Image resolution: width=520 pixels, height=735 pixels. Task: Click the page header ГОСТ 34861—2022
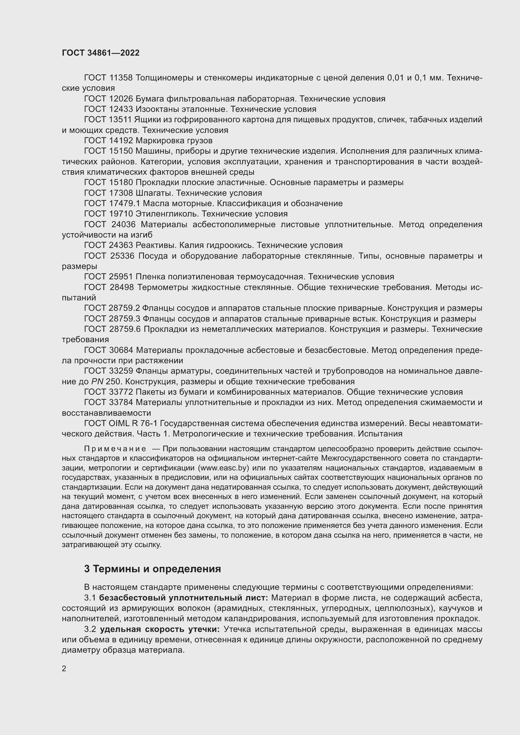(x=101, y=53)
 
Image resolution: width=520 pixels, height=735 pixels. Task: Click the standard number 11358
(x=121, y=78)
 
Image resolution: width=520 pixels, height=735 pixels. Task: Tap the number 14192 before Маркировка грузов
(x=121, y=140)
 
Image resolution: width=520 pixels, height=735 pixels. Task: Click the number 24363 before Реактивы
(x=121, y=245)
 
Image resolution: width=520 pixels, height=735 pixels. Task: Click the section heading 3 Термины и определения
(x=152, y=568)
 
